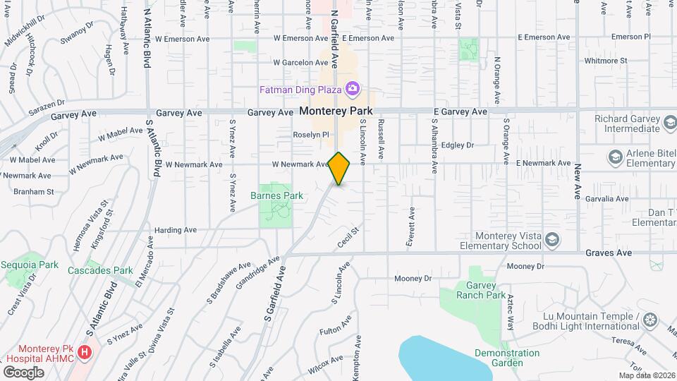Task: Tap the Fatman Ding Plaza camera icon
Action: (x=352, y=89)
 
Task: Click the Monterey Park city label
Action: (x=336, y=111)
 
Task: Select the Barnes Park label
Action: (x=276, y=195)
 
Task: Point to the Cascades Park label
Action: (x=100, y=270)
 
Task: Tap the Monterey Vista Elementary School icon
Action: (x=553, y=241)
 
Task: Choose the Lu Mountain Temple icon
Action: (x=649, y=321)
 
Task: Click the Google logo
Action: (x=23, y=372)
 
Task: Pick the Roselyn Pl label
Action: (x=311, y=134)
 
